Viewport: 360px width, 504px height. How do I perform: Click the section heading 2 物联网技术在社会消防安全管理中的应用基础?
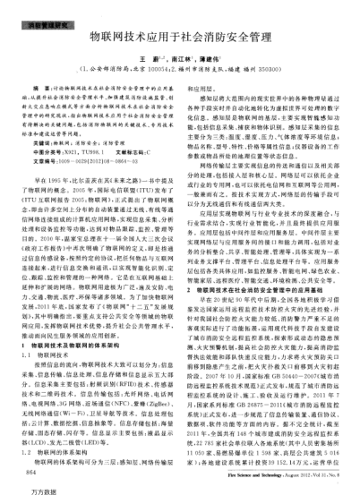(x=260, y=265)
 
